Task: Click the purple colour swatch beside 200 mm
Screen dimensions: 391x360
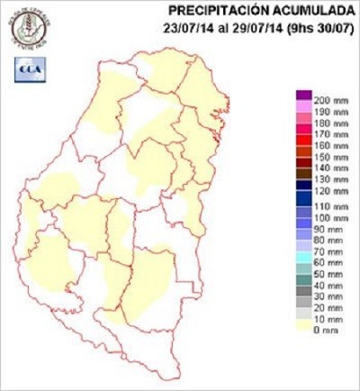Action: point(304,95)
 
